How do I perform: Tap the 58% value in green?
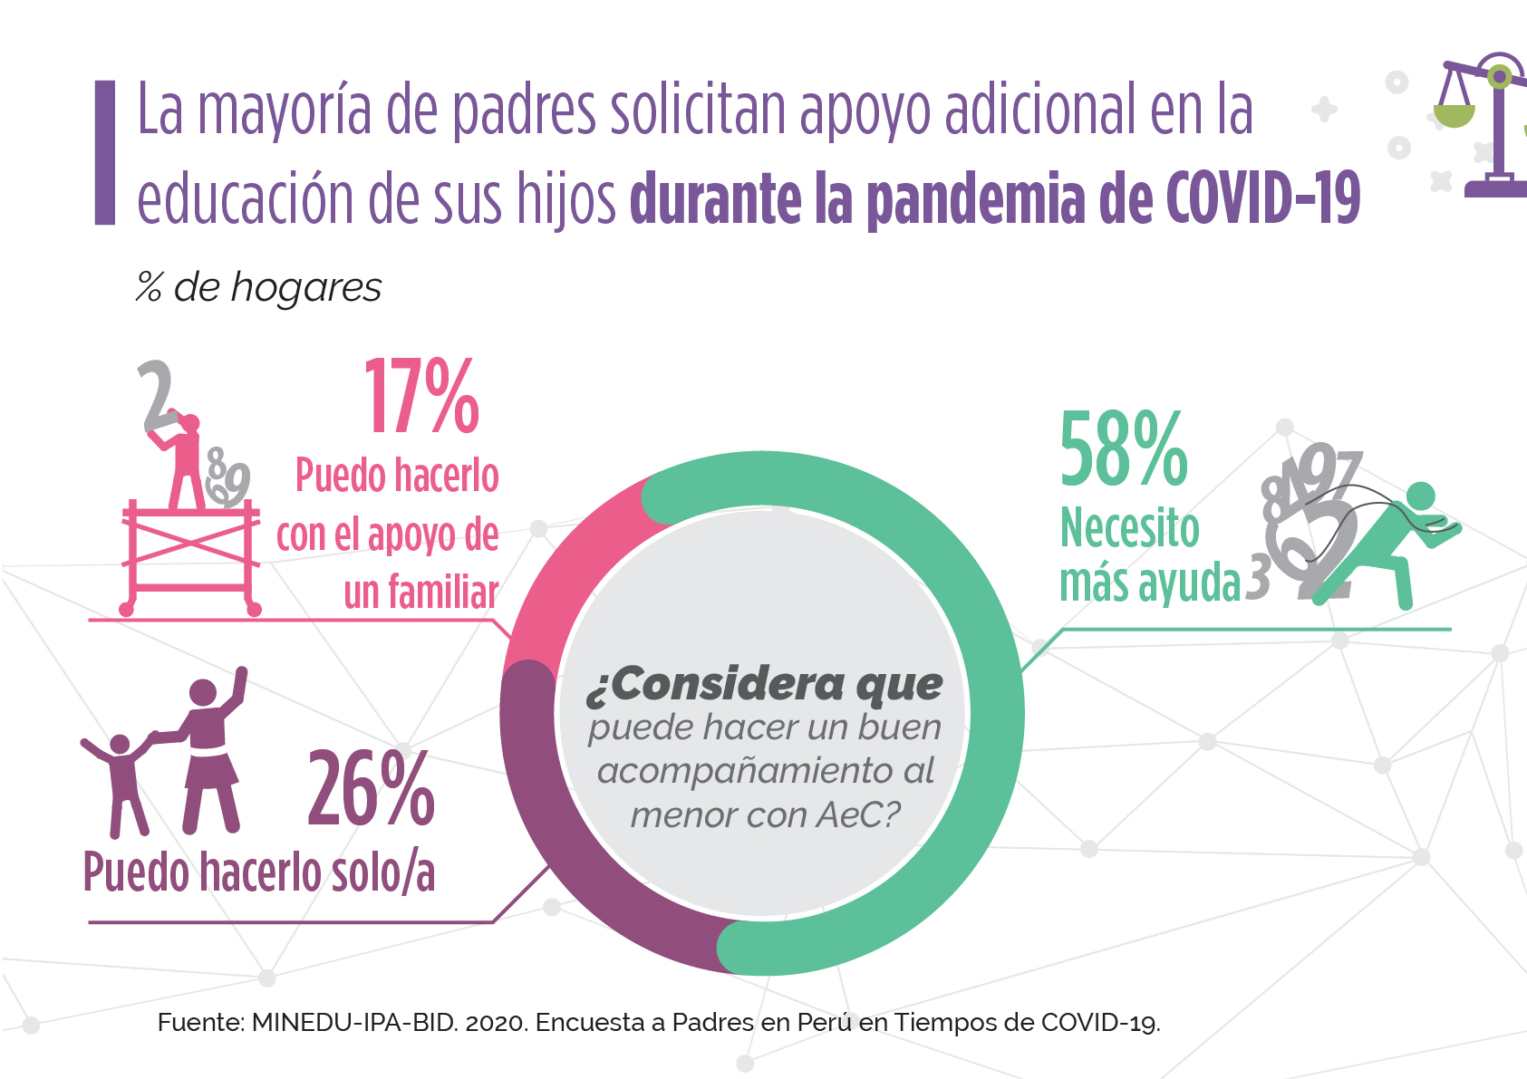point(1123,449)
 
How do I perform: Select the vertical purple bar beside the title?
point(105,152)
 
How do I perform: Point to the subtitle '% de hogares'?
point(259,288)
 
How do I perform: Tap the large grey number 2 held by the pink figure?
point(158,396)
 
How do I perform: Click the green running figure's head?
point(1420,496)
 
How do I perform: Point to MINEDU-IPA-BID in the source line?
point(353,1023)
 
